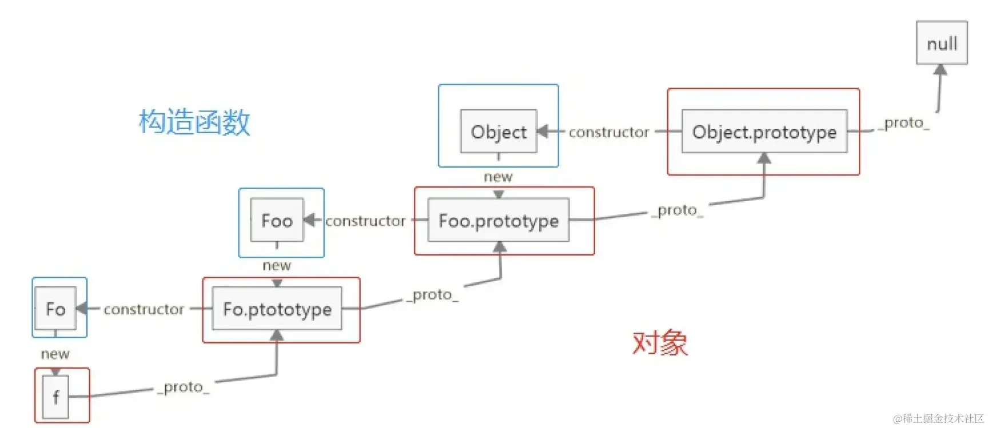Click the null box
click(x=941, y=43)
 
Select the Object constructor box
click(x=499, y=132)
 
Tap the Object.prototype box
click(x=764, y=132)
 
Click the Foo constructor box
click(x=277, y=221)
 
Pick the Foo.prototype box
click(x=498, y=221)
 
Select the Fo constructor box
click(x=55, y=309)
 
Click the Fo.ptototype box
click(x=277, y=309)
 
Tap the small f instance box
click(x=55, y=397)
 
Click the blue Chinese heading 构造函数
click(x=194, y=122)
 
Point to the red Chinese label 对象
click(x=660, y=343)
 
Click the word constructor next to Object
click(x=608, y=133)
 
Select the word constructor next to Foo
click(x=365, y=221)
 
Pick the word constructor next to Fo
click(x=144, y=310)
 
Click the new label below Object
click(x=498, y=177)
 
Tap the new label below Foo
click(x=277, y=266)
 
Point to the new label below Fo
click(x=55, y=354)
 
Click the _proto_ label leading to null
click(x=904, y=123)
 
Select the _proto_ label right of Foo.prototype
click(x=678, y=211)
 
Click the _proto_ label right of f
click(x=184, y=387)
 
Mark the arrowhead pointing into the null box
click(x=940, y=70)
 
